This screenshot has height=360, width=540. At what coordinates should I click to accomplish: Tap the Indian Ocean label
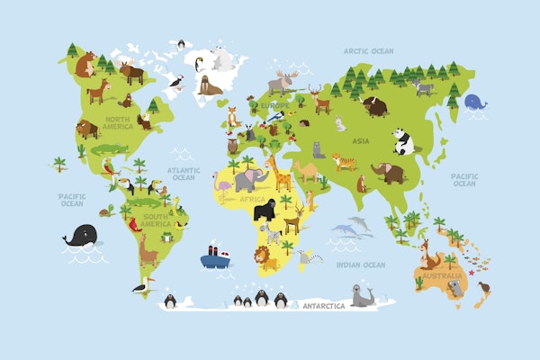coord(360,265)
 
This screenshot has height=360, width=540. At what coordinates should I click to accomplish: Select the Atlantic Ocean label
coord(184,174)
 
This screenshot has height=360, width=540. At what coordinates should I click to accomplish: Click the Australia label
coord(443,275)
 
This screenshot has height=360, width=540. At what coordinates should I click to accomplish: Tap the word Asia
coord(360,141)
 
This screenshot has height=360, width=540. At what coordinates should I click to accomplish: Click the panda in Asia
coord(402,140)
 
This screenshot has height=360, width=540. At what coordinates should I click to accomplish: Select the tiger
coord(344,162)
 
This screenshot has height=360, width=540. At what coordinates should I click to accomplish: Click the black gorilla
coord(265,211)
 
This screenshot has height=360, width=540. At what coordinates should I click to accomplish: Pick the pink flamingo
coord(224,186)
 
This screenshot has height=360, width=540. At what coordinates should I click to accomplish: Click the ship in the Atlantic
coord(214,256)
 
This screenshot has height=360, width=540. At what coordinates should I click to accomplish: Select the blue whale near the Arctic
coord(474,104)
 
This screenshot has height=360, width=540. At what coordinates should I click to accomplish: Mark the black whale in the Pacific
coord(81,238)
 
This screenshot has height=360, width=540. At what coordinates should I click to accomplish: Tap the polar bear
coord(221,59)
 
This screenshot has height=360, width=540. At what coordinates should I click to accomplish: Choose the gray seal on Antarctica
coord(362,295)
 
